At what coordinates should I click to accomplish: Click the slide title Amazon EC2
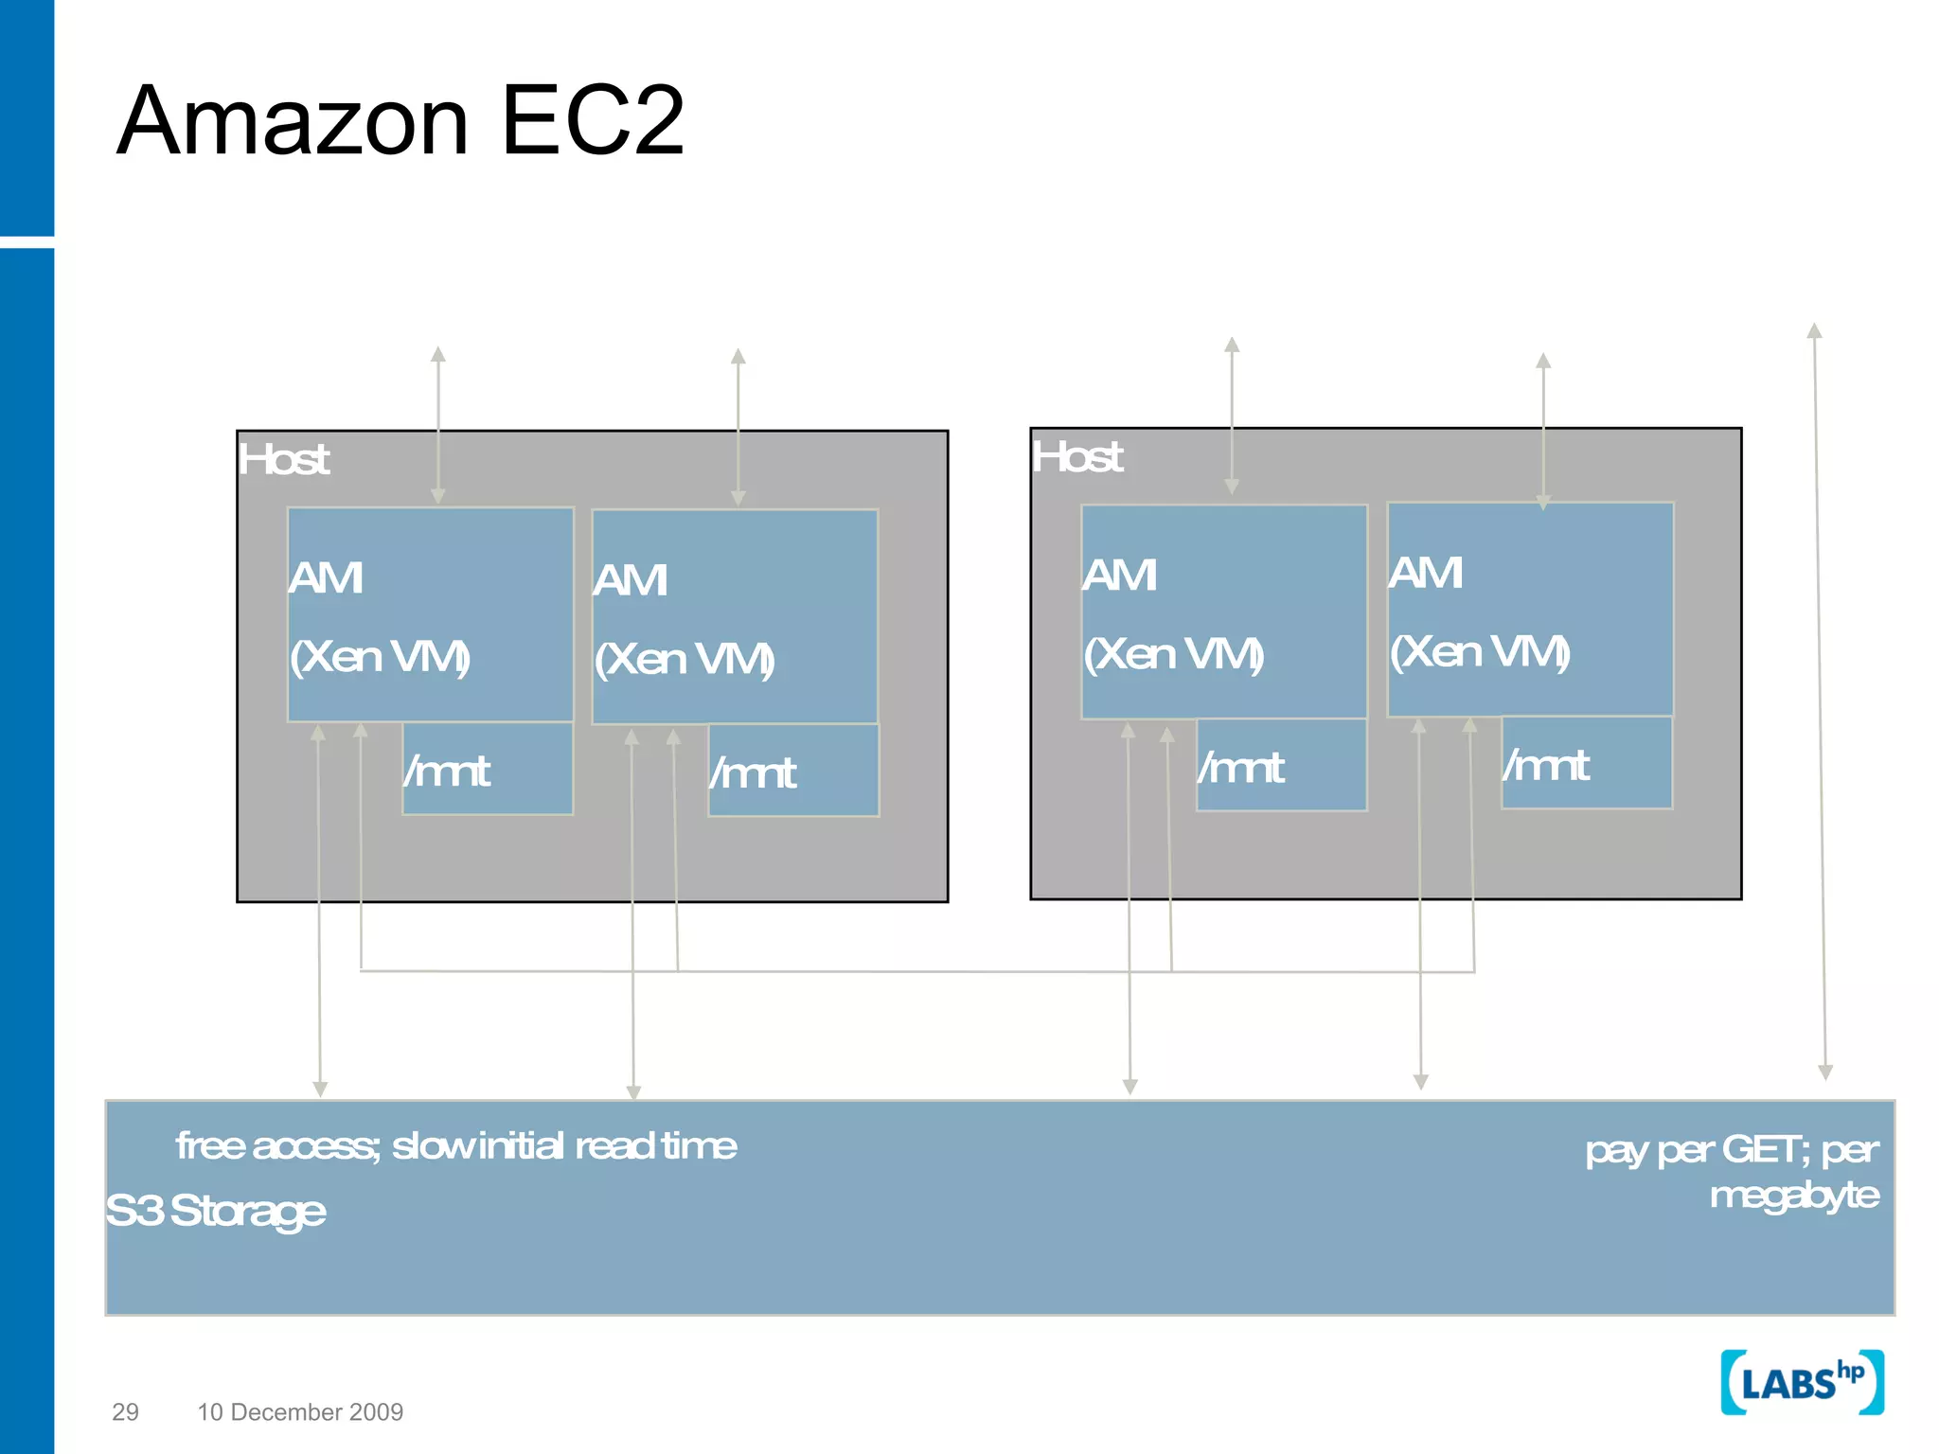click(400, 121)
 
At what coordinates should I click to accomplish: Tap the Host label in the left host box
click(283, 460)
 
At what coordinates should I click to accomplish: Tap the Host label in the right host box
click(1077, 457)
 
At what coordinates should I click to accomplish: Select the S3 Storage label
click(216, 1211)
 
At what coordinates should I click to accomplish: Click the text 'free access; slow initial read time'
click(456, 1146)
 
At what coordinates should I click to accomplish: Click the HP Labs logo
click(1802, 1383)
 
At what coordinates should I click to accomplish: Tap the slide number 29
click(125, 1411)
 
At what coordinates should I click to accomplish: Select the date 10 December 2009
click(300, 1411)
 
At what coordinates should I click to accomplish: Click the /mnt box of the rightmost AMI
click(1587, 764)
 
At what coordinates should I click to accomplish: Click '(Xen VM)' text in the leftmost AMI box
click(380, 656)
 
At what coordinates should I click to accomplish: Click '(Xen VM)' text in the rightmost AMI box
click(1480, 651)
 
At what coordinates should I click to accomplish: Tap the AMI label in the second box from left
click(631, 580)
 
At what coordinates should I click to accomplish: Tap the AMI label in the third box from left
click(1120, 576)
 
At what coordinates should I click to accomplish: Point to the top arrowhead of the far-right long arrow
click(1814, 331)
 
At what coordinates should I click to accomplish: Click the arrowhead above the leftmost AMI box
click(437, 355)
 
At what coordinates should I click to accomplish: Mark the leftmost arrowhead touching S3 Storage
click(320, 1090)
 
